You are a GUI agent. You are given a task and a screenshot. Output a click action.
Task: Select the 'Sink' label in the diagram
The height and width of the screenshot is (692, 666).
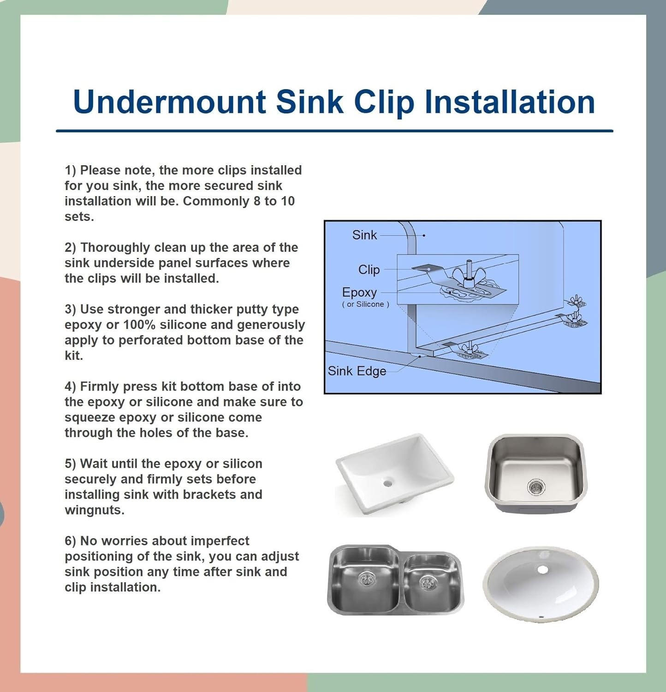coord(364,235)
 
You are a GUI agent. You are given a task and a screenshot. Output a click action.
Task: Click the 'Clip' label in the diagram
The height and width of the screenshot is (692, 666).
coord(369,269)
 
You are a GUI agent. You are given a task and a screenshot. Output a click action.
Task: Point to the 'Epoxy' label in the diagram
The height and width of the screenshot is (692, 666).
coord(359,292)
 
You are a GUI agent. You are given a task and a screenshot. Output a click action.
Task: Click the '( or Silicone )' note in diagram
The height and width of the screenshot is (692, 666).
coord(365,304)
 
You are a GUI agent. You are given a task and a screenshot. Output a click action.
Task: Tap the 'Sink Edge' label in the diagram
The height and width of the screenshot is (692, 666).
coord(357,371)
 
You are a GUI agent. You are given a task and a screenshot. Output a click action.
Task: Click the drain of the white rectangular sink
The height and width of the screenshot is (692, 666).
coord(387,483)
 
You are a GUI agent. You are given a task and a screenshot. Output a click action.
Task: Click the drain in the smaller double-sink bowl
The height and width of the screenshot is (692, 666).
coord(428,583)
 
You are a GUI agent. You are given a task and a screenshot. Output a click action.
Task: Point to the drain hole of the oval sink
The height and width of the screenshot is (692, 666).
coord(542,570)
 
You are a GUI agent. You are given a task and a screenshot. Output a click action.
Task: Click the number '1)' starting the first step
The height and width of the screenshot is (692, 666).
coord(70,170)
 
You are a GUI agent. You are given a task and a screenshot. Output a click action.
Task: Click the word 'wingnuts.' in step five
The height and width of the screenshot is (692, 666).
coord(95,510)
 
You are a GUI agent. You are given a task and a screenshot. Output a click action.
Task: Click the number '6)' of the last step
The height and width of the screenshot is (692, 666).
coord(70,541)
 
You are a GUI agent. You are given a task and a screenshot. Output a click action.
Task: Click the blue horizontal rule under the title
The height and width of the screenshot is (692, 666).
coord(334,131)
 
